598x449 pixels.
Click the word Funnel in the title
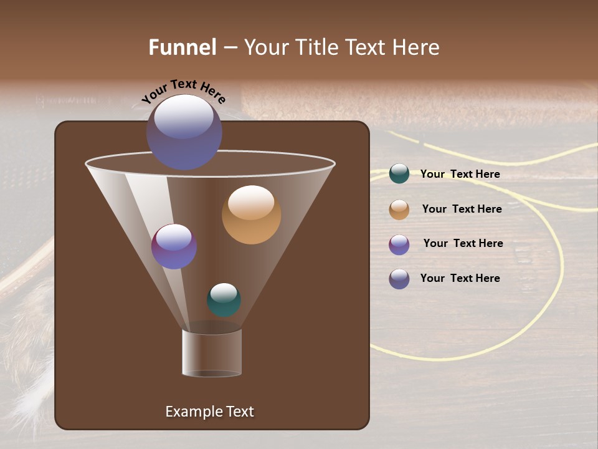[x=182, y=47]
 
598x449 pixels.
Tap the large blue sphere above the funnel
[x=184, y=132]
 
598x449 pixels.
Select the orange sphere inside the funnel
[x=251, y=215]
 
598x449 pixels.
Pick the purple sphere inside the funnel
[x=174, y=246]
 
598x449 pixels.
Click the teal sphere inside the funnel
[x=224, y=300]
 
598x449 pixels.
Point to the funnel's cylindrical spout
[x=212, y=353]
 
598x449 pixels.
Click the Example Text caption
[x=209, y=412]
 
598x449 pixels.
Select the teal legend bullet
[x=399, y=174]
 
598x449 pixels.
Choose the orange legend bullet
[x=399, y=210]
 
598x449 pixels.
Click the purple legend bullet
[x=399, y=244]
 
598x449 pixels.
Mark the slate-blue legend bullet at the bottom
[x=399, y=279]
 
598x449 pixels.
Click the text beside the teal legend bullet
[x=460, y=174]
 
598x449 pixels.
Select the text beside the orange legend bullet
[x=462, y=209]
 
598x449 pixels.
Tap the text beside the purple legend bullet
[x=463, y=243]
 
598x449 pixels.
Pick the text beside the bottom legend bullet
[x=460, y=278]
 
